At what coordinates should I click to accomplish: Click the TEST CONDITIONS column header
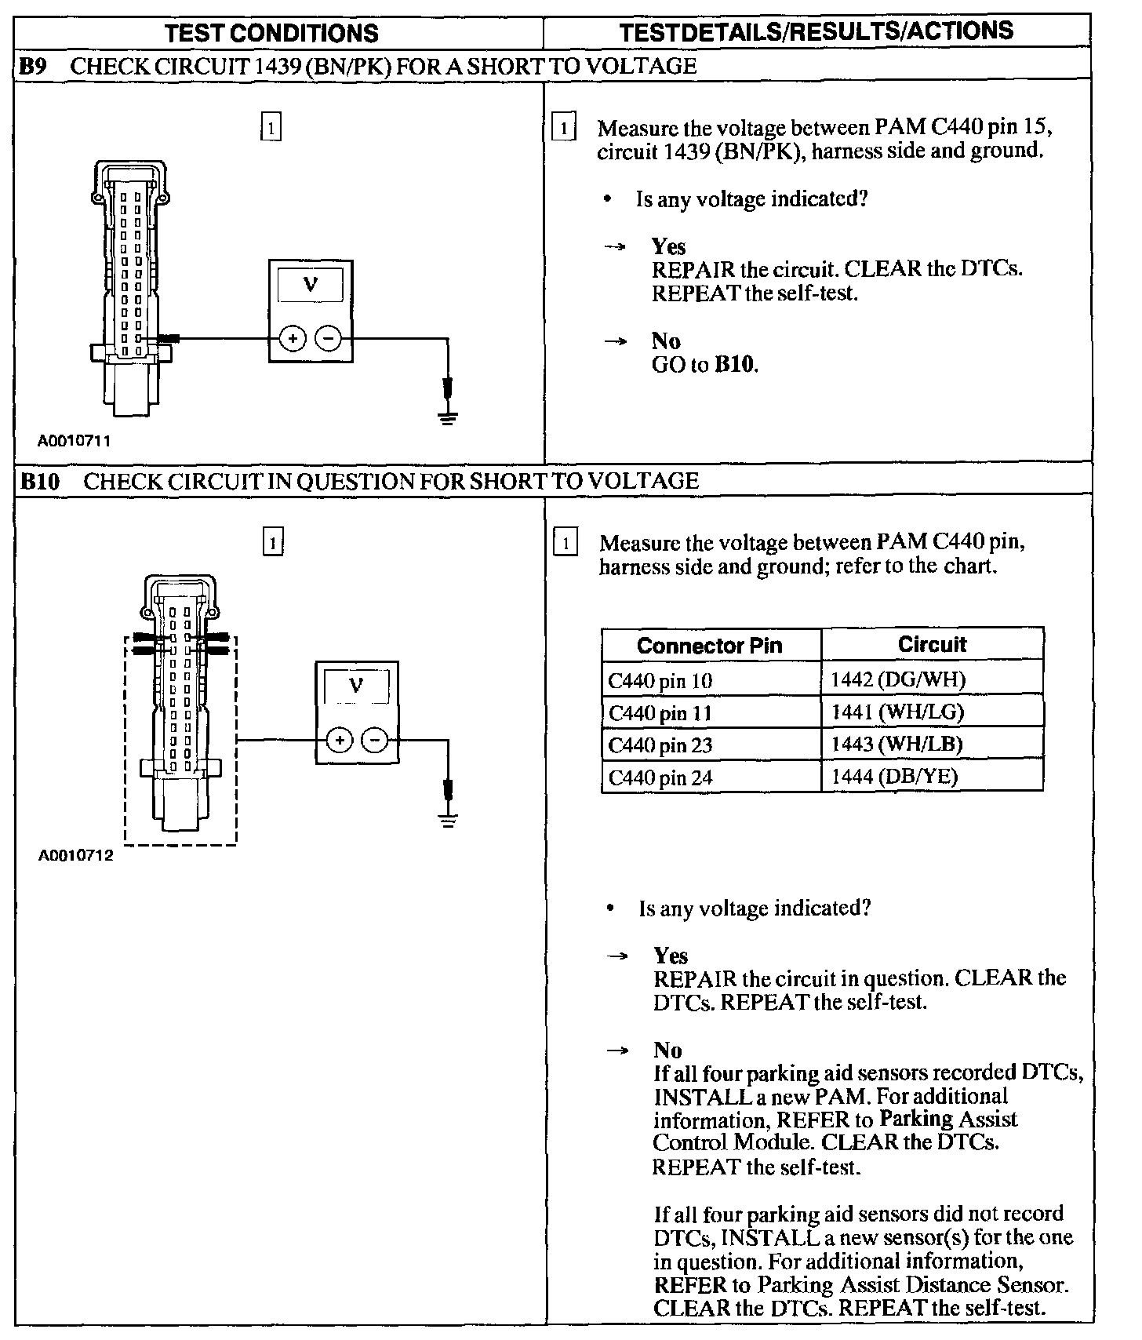(x=272, y=33)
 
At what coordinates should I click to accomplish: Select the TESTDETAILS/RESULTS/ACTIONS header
(x=816, y=31)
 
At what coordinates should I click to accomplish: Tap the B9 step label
(x=33, y=66)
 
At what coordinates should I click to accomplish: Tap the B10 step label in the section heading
(x=39, y=481)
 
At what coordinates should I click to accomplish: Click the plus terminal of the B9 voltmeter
(x=292, y=339)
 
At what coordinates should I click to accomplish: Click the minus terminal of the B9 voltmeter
(x=328, y=339)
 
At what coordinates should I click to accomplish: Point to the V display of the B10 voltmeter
(x=356, y=686)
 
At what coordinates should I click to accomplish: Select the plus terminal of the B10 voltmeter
(x=339, y=740)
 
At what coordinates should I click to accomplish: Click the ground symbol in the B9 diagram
(x=448, y=418)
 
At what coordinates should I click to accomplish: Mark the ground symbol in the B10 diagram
(x=448, y=821)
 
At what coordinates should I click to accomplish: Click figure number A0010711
(x=75, y=441)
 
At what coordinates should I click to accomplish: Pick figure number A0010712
(x=76, y=856)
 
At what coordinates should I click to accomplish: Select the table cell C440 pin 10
(x=660, y=680)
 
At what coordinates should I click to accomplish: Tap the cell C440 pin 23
(x=660, y=745)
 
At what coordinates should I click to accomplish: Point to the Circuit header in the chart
(x=932, y=645)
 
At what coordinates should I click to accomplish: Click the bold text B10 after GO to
(x=736, y=365)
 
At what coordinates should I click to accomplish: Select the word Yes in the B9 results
(x=668, y=247)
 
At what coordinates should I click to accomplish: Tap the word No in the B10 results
(x=667, y=1051)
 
